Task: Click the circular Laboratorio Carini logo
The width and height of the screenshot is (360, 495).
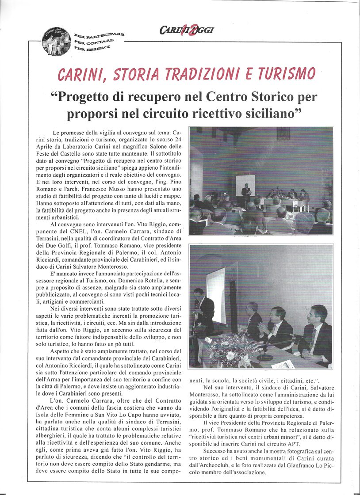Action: pyautogui.click(x=56, y=41)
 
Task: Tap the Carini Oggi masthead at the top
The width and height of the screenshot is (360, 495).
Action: pyautogui.click(x=187, y=30)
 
